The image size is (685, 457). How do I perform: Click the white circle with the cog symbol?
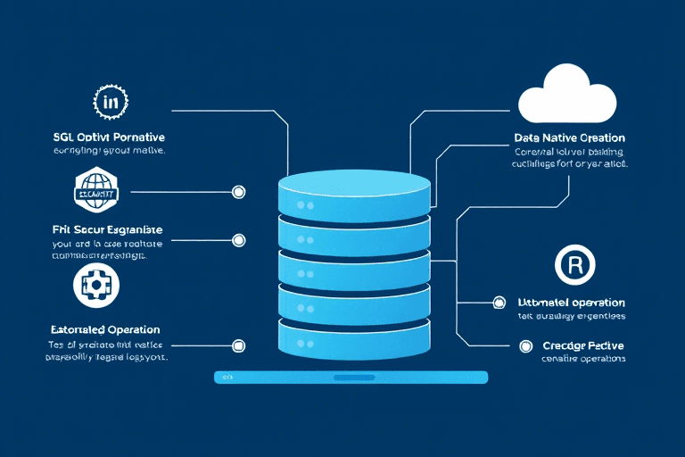pyautogui.click(x=95, y=285)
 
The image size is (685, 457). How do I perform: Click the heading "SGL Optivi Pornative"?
pyautogui.click(x=109, y=138)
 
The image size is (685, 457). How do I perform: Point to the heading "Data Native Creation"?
pyautogui.click(x=569, y=138)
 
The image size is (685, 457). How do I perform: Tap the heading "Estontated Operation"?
pyautogui.click(x=104, y=329)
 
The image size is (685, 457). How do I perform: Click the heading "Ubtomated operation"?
pyautogui.click(x=571, y=303)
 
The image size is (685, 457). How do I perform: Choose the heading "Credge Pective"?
pyautogui.click(x=582, y=345)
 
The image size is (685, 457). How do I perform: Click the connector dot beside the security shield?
pyautogui.click(x=238, y=191)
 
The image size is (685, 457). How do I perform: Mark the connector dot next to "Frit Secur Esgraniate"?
pyautogui.click(x=238, y=240)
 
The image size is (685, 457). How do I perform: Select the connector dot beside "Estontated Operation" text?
pyautogui.click(x=238, y=345)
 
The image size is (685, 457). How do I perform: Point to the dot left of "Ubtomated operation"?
pyautogui.click(x=499, y=303)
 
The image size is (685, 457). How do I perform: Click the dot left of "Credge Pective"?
pyautogui.click(x=524, y=345)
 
